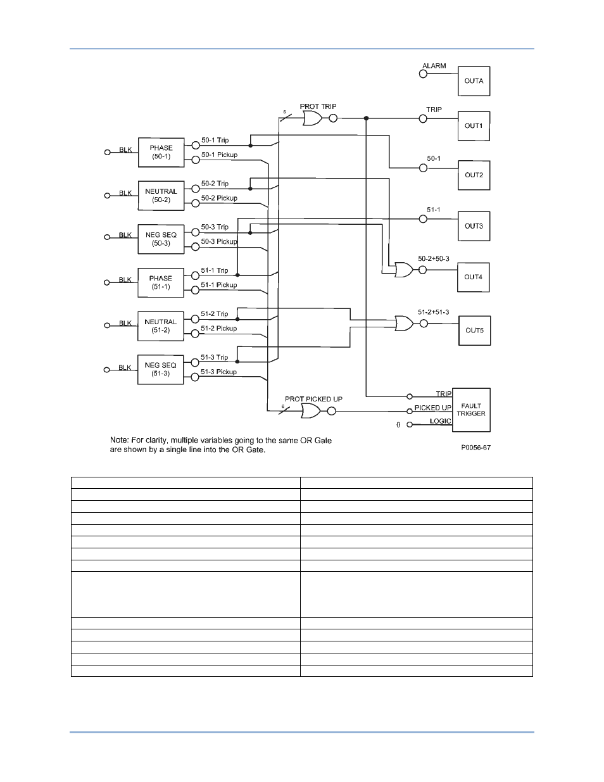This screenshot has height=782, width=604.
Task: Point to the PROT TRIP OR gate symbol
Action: [x=312, y=118]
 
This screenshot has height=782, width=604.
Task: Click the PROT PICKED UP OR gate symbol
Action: [x=310, y=410]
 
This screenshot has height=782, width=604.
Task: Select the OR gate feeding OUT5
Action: [x=404, y=323]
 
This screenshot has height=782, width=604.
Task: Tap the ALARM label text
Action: [x=434, y=66]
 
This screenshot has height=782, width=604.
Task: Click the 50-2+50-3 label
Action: [x=434, y=259]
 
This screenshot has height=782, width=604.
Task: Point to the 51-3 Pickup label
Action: [x=218, y=372]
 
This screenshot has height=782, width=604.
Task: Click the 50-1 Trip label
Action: [x=215, y=140]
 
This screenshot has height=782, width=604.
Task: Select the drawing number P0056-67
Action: [x=476, y=447]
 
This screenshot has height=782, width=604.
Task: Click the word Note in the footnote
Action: [x=119, y=440]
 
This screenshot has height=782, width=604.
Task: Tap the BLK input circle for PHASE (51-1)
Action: [x=107, y=282]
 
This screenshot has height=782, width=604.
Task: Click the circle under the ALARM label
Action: [x=423, y=74]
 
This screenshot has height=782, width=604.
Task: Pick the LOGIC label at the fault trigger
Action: [x=440, y=421]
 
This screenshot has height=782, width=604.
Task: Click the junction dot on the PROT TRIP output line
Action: [x=366, y=118]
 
